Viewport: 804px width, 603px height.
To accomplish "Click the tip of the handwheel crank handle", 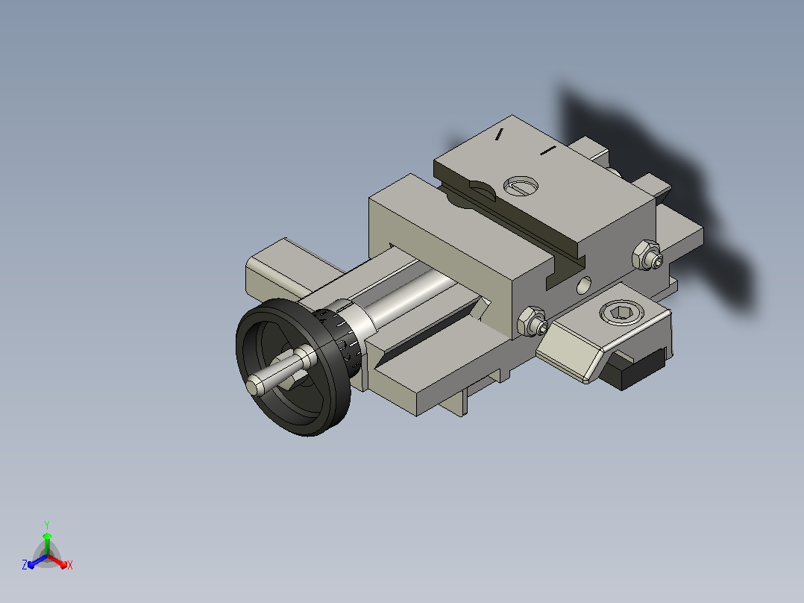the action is pos(252,386).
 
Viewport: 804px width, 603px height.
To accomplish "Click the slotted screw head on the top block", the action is pos(521,185).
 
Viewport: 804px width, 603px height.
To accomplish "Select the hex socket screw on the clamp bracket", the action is pos(621,312).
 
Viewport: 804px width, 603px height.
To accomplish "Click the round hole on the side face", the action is pos(583,285).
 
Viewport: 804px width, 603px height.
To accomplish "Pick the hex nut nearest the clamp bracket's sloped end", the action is pos(533,322).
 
